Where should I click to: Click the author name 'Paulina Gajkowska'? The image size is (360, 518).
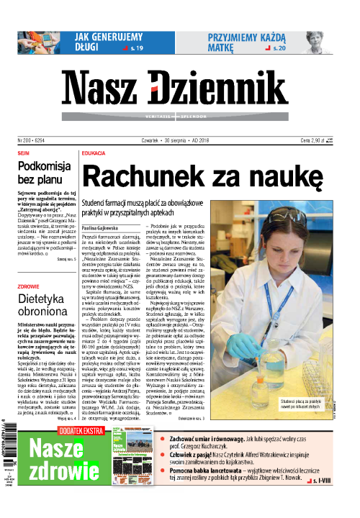(104, 227)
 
